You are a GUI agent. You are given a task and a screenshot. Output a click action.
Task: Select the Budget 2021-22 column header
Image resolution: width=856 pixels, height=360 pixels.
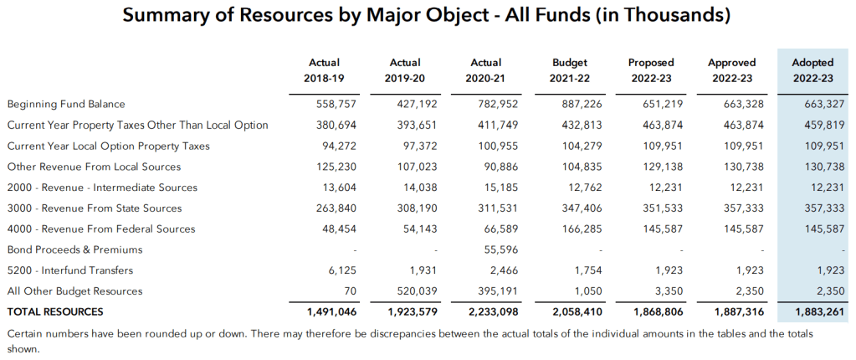pyautogui.click(x=570, y=70)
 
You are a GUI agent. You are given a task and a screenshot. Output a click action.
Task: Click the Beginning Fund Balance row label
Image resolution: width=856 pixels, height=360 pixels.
pyautogui.click(x=66, y=105)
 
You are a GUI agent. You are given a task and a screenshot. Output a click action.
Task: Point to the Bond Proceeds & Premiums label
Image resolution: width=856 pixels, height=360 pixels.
pyautogui.click(x=74, y=249)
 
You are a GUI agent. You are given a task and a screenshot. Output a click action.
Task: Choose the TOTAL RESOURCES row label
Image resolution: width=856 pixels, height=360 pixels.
pyautogui.click(x=55, y=311)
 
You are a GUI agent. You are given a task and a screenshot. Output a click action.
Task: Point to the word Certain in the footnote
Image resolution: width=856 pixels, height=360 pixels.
pyautogui.click(x=27, y=333)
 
